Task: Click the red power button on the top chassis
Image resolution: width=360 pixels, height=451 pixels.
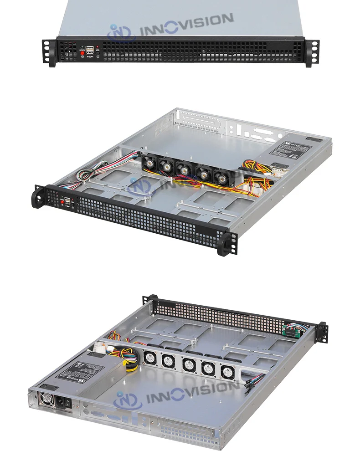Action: [82, 54]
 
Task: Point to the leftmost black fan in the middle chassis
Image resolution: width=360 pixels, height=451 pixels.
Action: [149, 162]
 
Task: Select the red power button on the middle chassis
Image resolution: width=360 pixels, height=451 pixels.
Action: [62, 201]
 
